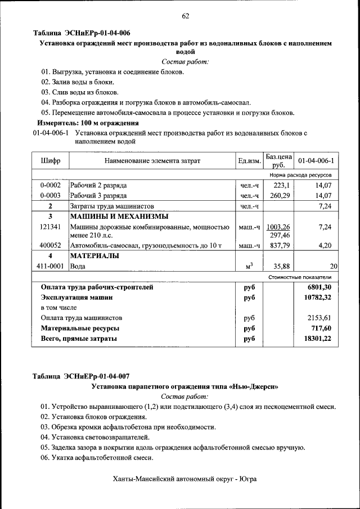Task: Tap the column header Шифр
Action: click(x=50, y=161)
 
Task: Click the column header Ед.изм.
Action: click(x=249, y=161)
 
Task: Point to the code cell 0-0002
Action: click(x=50, y=185)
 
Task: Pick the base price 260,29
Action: click(x=280, y=196)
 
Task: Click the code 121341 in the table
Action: click(x=50, y=227)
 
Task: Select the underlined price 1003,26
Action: click(x=278, y=227)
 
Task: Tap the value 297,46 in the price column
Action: click(x=280, y=235)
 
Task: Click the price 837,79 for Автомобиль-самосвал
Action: click(x=280, y=245)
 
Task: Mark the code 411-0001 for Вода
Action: click(x=50, y=266)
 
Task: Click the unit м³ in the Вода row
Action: click(x=249, y=266)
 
